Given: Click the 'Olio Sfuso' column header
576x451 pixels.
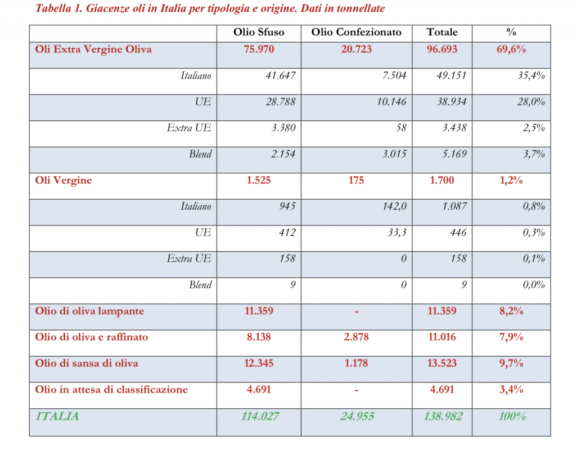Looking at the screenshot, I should pyautogui.click(x=259, y=32).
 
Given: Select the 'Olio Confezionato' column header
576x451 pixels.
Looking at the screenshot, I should pyautogui.click(x=357, y=32).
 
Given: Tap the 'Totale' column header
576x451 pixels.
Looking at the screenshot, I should pyautogui.click(x=442, y=32).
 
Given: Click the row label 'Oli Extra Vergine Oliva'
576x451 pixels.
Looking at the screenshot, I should pyautogui.click(x=93, y=49).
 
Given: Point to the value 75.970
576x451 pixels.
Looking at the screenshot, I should pyautogui.click(x=259, y=49).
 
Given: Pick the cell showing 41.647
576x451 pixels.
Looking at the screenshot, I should pyautogui.click(x=280, y=75).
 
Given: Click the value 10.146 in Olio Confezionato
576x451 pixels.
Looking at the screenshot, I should pyautogui.click(x=390, y=102).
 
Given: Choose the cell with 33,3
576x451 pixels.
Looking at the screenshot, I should pyautogui.click(x=397, y=233).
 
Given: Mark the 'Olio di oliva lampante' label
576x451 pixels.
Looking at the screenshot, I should pyautogui.click(x=89, y=311).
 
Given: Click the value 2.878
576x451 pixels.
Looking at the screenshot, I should pyautogui.click(x=357, y=337).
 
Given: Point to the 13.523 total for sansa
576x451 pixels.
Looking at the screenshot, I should pyautogui.click(x=442, y=363).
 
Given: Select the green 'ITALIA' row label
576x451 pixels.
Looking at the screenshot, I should pyautogui.click(x=57, y=416).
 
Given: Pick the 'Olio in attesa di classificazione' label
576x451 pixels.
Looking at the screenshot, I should pyautogui.click(x=111, y=389).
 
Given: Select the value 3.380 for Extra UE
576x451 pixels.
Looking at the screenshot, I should pyautogui.click(x=282, y=128).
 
